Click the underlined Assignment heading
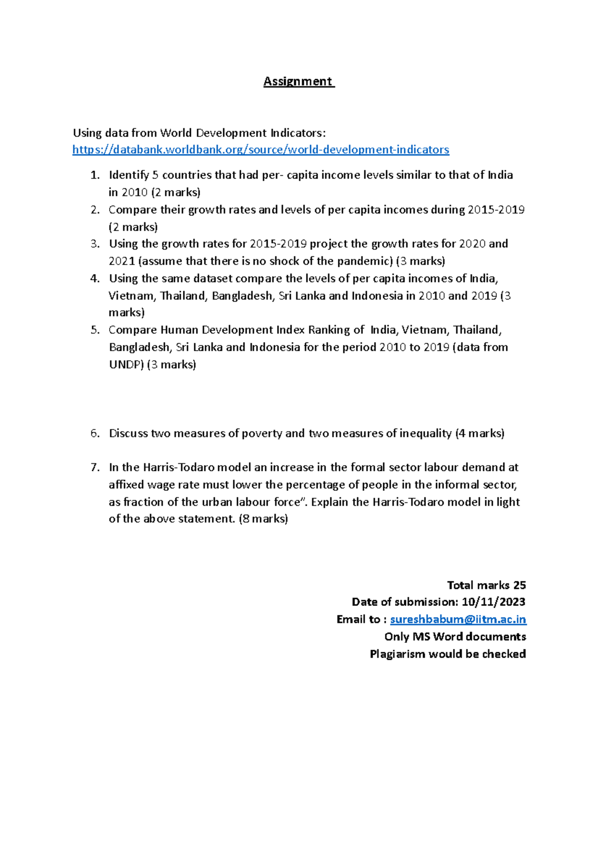click(298, 81)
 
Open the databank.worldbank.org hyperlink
click(261, 149)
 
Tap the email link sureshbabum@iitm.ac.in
click(457, 619)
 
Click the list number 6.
click(95, 433)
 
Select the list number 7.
click(95, 467)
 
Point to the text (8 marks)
click(263, 519)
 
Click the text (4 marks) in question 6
click(479, 433)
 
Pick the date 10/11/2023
click(493, 602)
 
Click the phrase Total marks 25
click(486, 585)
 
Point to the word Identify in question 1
click(129, 175)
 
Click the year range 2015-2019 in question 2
click(496, 209)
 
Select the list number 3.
click(95, 244)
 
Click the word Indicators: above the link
click(298, 133)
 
